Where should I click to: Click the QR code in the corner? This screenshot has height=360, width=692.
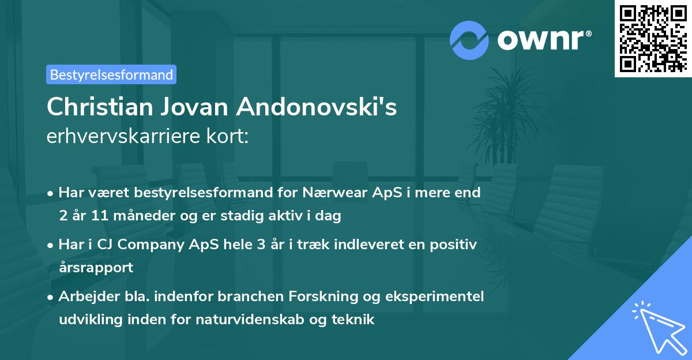click(x=652, y=38)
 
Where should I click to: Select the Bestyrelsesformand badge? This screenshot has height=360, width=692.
click(x=111, y=74)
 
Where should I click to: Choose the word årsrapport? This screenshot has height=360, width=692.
click(x=96, y=268)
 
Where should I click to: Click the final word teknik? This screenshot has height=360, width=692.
click(x=355, y=319)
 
